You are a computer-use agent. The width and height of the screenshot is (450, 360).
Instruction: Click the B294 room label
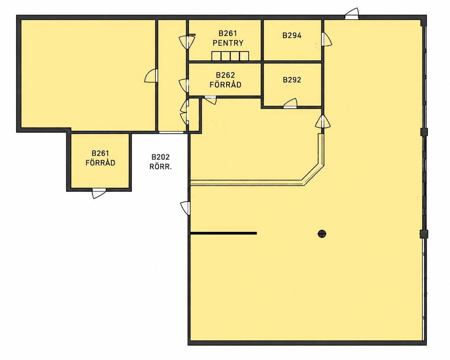point(292,35)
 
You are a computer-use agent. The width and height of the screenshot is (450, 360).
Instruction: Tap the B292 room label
point(292,80)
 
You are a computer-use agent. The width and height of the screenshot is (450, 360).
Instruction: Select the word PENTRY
point(228,43)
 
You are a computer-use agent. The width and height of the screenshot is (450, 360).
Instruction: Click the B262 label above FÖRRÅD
point(225,75)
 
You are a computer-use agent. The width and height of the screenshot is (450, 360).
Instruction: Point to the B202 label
point(160,157)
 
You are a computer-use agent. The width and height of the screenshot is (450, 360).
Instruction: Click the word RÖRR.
point(160,167)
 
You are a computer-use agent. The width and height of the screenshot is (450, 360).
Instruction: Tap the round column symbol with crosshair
point(322,234)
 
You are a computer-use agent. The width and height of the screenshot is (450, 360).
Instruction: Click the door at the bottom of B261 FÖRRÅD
point(99,193)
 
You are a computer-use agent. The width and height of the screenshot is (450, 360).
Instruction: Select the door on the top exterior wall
point(352,14)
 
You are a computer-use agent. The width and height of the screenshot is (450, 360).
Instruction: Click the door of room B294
point(326,39)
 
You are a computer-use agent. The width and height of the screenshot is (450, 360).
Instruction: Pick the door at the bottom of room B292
point(290,103)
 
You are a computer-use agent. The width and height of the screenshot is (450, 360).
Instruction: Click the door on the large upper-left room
point(151,76)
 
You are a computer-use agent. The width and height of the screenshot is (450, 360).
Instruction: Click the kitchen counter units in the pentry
point(230,56)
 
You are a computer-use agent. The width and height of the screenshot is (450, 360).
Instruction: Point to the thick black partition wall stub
point(224,233)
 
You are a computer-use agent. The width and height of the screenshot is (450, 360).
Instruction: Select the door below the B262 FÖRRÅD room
point(210,100)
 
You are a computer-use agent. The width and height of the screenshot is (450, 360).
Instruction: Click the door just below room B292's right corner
point(322,122)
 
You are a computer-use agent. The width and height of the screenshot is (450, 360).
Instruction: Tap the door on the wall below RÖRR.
point(185,208)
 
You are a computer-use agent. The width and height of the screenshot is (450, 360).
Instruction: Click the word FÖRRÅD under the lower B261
point(100,162)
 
